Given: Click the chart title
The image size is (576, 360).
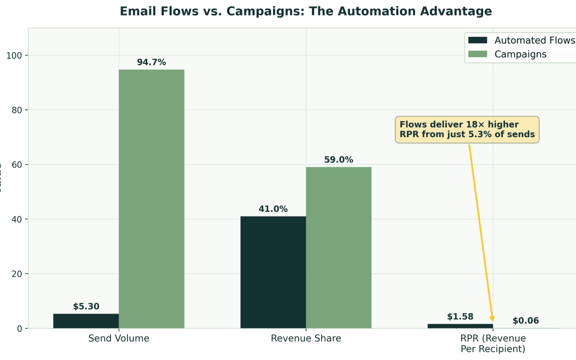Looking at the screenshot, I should tap(306, 11).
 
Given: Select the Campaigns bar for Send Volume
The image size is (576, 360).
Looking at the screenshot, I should tap(151, 198).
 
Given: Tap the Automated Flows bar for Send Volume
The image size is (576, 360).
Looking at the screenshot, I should tap(86, 321).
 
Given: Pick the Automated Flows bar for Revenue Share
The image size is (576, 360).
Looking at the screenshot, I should tap(273, 272).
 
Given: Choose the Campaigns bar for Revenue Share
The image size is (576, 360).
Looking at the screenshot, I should tap(339, 247).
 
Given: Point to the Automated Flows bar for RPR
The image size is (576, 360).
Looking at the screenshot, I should tap(460, 326).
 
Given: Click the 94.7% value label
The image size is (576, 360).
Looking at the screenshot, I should tap(151, 62).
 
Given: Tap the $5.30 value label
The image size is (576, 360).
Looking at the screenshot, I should tap(86, 307).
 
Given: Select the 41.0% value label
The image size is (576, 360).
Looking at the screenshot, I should tap(273, 209).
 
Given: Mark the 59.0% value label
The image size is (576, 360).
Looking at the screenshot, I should tap(339, 160).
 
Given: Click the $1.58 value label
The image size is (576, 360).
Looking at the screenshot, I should tap(460, 317).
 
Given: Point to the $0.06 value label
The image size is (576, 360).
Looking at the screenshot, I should tap(526, 321).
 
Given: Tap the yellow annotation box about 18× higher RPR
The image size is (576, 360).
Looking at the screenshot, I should tap(467, 130).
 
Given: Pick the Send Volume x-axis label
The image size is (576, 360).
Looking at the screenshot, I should tap(119, 339).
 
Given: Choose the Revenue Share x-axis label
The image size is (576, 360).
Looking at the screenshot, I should tap(306, 339).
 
